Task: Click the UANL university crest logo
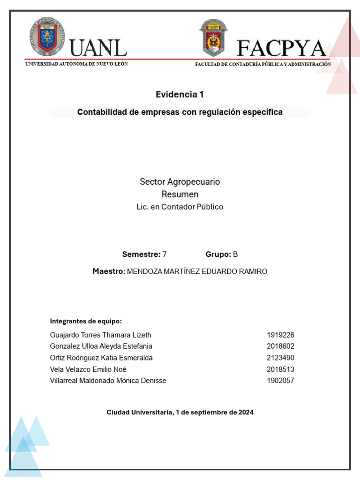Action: [x=47, y=37]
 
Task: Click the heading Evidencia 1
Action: [x=180, y=95]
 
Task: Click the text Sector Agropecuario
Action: [x=180, y=181]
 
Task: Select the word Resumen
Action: [x=180, y=194]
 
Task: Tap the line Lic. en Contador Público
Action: [x=180, y=207]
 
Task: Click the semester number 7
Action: [x=165, y=255]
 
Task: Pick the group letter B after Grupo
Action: [x=235, y=255]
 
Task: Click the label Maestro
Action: [x=108, y=271]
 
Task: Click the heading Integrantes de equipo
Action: [x=86, y=321]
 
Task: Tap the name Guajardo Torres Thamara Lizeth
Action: [x=100, y=335]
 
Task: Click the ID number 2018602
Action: [x=280, y=346]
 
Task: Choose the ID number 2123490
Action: [x=280, y=358]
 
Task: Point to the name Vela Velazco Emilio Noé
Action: [x=88, y=369]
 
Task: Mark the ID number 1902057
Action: [x=280, y=381]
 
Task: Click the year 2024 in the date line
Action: [x=246, y=412]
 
